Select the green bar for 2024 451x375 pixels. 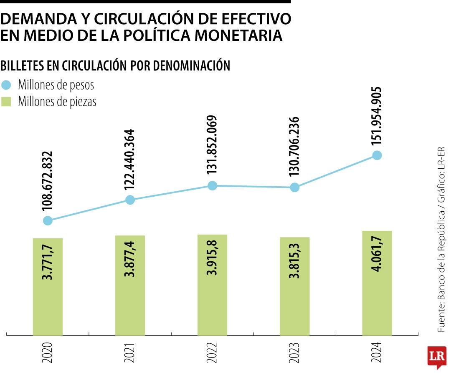tap(377, 283)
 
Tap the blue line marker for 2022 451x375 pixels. tap(212, 185)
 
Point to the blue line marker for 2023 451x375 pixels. tap(295, 187)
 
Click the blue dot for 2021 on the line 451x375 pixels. tap(130, 200)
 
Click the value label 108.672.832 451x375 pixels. tap(48, 182)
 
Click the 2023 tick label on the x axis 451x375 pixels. tap(295, 352)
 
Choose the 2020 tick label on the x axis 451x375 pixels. tap(48, 352)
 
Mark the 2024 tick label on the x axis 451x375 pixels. tap(377, 352)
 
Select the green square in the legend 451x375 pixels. tap(6, 101)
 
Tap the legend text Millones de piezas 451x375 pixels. tap(57, 102)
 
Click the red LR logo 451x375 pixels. tap(437, 357)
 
